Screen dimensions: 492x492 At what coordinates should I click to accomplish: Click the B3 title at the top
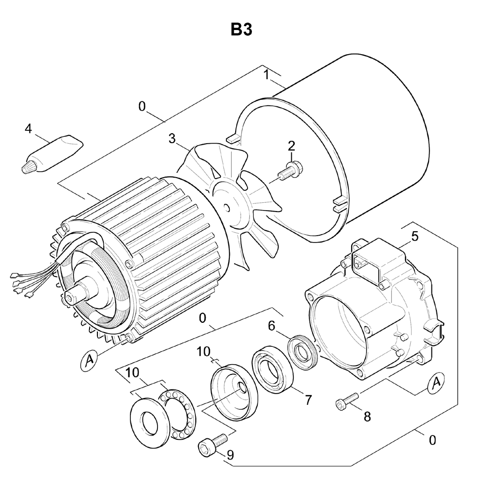point(241,30)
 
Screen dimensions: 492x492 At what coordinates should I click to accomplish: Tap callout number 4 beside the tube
point(29,128)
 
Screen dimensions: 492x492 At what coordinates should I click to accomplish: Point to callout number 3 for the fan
point(172,138)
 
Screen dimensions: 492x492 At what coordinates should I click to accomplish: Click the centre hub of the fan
point(227,208)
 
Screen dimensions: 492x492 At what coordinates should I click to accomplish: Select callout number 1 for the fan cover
point(266,75)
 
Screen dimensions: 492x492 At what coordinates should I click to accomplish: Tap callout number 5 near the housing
point(415,237)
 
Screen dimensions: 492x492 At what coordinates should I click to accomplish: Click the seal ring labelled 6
point(303,352)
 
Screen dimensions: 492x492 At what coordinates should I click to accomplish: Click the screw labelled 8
point(347,399)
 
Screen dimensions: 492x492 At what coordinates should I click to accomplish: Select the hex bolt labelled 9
point(212,442)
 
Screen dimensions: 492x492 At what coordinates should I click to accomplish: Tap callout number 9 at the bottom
point(230,455)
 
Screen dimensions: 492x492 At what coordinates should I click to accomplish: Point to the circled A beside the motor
point(90,360)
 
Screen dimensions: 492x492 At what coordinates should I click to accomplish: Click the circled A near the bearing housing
point(435,382)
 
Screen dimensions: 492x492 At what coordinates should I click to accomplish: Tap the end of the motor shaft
point(68,297)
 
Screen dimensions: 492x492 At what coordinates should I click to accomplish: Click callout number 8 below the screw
point(367,417)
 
